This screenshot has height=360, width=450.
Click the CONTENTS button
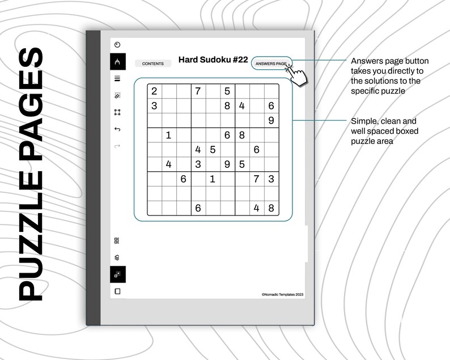(x=152, y=63)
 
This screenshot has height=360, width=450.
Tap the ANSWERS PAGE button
(x=271, y=63)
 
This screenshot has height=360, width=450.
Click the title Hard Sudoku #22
(x=213, y=60)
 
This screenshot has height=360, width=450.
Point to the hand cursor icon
(x=297, y=74)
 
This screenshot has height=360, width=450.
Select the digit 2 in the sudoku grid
(x=154, y=91)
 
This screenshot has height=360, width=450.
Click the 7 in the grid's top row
(x=198, y=91)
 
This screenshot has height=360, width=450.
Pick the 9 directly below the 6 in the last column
(x=271, y=120)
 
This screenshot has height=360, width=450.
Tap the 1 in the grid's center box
(x=213, y=179)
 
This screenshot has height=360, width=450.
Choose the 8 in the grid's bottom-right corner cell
(x=271, y=208)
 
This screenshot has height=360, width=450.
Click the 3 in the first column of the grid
(x=154, y=105)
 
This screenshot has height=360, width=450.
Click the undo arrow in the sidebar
(x=117, y=129)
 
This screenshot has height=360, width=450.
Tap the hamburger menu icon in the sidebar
(x=117, y=79)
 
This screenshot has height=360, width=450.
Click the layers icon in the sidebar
(x=117, y=257)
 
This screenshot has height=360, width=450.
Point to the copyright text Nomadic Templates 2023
(x=282, y=294)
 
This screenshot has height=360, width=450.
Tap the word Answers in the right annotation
(x=367, y=61)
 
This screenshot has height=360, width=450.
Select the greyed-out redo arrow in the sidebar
(x=117, y=146)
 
